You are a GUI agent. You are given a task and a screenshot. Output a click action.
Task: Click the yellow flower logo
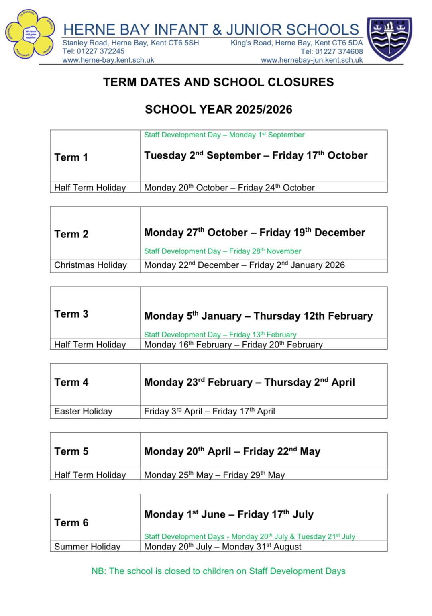[x=30, y=35]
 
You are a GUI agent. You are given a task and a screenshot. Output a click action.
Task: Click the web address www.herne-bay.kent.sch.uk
[x=108, y=60]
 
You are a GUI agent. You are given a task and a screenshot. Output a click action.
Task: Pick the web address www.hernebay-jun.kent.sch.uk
[x=312, y=60]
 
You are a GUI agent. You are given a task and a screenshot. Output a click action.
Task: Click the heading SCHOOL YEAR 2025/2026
[x=218, y=110]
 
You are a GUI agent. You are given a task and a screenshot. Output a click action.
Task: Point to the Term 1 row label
[x=71, y=157]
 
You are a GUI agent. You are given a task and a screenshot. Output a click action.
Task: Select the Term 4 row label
[x=71, y=382]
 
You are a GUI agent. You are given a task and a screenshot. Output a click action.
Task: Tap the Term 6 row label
[x=71, y=523]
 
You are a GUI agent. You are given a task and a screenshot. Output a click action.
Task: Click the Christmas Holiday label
[x=90, y=265]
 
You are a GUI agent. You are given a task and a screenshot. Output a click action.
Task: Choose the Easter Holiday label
[x=83, y=412]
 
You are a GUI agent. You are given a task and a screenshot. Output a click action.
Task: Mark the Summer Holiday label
[x=87, y=547]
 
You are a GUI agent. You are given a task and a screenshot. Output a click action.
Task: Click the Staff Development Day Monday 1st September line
[x=224, y=135]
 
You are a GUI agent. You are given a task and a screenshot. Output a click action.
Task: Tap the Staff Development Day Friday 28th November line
[x=222, y=251]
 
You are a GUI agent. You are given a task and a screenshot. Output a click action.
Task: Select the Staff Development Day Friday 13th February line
[x=220, y=335]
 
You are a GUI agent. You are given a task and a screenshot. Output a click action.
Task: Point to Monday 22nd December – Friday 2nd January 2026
[x=244, y=265]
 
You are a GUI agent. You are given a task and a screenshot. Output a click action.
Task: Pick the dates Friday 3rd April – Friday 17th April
[x=209, y=412]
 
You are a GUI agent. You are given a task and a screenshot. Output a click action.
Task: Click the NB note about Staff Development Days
[x=218, y=571]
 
